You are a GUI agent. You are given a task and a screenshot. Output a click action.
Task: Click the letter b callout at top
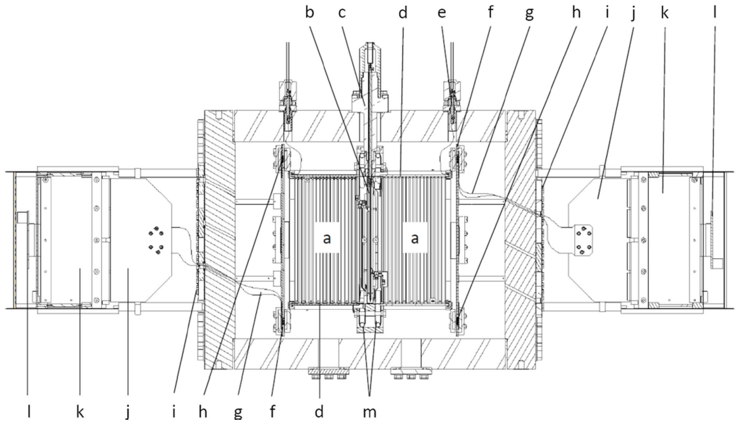310,13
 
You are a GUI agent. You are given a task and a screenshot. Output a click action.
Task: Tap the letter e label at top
442,13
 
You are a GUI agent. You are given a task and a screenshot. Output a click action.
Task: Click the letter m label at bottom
369,412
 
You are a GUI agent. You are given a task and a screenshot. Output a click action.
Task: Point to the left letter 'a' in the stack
327,238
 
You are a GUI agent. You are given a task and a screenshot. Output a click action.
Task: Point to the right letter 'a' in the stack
414,238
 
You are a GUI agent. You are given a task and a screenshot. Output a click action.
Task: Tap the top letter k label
664,13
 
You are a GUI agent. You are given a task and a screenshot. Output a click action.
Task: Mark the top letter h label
576,13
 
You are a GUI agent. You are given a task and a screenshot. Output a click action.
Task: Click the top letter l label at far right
715,13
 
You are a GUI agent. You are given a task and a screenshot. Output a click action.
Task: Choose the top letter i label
607,13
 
